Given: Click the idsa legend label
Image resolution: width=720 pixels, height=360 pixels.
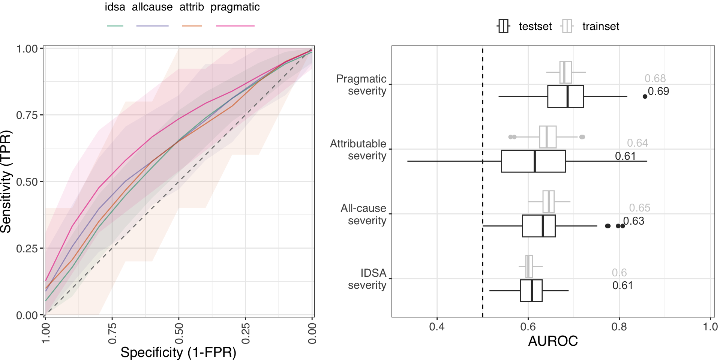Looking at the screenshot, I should [x=115, y=7].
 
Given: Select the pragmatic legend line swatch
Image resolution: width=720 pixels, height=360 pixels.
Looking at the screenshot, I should [x=235, y=26].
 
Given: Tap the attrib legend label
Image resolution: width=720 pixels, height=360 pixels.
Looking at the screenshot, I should [x=192, y=7].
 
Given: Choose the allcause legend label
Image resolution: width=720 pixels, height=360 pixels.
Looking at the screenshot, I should [x=152, y=7].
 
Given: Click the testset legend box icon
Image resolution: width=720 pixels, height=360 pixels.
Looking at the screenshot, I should [x=503, y=26].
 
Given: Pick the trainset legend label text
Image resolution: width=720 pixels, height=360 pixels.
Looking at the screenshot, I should [x=600, y=26].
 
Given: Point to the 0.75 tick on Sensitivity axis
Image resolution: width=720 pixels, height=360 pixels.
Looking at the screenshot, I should [x=27, y=115].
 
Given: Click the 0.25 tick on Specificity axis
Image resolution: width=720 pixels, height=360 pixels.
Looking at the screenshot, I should [x=245, y=333].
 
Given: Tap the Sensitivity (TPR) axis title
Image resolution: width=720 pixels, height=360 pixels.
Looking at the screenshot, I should [x=6, y=181].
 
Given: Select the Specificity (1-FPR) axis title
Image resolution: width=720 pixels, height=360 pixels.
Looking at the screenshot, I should [x=178, y=352].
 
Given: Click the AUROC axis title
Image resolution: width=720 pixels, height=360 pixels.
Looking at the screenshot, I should [x=553, y=341].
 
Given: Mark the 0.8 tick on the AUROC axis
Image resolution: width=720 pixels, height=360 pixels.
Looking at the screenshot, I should [x=619, y=327].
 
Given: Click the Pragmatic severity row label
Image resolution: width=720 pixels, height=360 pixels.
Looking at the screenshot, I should [x=361, y=85].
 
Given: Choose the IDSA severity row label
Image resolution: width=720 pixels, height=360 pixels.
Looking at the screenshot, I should [x=367, y=279].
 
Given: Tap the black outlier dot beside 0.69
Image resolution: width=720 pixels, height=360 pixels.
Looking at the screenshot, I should [x=645, y=96].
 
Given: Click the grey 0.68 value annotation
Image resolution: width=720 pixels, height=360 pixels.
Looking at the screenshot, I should [x=655, y=78].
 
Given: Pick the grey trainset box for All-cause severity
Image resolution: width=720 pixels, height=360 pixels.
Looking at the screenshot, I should [x=548, y=202].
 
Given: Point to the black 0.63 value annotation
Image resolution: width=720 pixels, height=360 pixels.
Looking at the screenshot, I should [x=634, y=221].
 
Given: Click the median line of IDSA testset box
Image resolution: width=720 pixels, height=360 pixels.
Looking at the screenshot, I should [x=532, y=291].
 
